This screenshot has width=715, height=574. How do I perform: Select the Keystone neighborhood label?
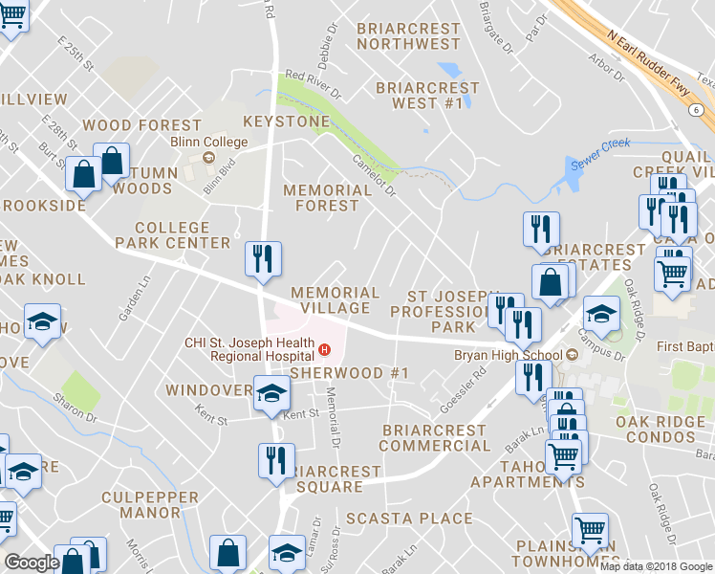pos(286,121)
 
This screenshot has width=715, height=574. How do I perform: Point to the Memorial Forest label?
pos(327,197)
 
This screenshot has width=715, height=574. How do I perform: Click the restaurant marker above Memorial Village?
pos(262,258)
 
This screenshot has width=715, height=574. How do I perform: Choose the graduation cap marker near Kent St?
pos(271,392)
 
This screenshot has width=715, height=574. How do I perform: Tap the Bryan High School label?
pos(509,355)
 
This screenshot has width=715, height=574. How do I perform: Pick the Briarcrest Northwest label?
pos(408,36)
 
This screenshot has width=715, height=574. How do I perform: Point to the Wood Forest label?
pos(141,125)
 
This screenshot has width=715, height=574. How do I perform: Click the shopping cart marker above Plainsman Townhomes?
pos(590,529)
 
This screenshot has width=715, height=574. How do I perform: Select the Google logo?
pos(31,563)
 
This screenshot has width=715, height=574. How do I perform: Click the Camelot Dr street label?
pos(374,175)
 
